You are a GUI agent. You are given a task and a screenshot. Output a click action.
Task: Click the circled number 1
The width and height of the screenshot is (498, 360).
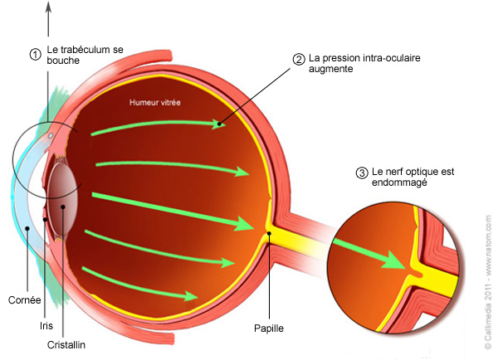pyautogui.click(x=35, y=55)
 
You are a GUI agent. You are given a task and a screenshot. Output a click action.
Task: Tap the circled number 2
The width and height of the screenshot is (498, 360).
pyautogui.click(x=299, y=60)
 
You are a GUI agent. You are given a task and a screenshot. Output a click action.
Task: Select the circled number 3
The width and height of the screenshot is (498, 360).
pyautogui.click(x=362, y=173)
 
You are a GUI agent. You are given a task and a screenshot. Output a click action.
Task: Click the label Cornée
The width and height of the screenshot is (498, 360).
pyautogui.click(x=24, y=300)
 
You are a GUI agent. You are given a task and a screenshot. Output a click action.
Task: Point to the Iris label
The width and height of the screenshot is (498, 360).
pyautogui.click(x=46, y=326)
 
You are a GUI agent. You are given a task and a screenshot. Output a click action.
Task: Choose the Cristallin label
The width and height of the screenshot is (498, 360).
pyautogui.click(x=66, y=345)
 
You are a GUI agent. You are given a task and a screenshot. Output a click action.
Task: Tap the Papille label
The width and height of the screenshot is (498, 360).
pyautogui.click(x=269, y=328)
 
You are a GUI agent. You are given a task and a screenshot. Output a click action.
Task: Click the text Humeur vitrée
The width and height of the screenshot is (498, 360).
pyautogui.click(x=155, y=102)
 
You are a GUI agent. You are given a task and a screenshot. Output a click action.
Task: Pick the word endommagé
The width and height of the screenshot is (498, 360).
pyautogui.click(x=399, y=182)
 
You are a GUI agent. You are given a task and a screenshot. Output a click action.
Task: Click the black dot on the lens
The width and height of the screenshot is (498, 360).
pyautogui.click(x=63, y=207)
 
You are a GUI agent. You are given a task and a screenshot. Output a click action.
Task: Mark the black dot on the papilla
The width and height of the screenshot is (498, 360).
pyautogui.click(x=269, y=233)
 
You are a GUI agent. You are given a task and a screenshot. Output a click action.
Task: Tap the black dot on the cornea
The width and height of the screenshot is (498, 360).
pyautogui.click(x=27, y=228)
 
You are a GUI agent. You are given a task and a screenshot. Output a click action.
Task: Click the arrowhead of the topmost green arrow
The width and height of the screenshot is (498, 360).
pyautogui.click(x=218, y=124)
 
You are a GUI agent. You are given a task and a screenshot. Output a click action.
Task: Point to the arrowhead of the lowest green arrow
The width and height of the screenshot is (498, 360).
pyautogui.click(x=191, y=296)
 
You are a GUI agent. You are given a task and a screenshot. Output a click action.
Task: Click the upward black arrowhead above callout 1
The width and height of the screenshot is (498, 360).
pyautogui.click(x=48, y=7)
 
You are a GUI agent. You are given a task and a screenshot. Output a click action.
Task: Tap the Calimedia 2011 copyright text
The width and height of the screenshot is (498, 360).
pyautogui.click(x=488, y=321)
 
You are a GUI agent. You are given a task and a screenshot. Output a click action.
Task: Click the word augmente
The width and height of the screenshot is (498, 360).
pyautogui.click(x=330, y=69)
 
